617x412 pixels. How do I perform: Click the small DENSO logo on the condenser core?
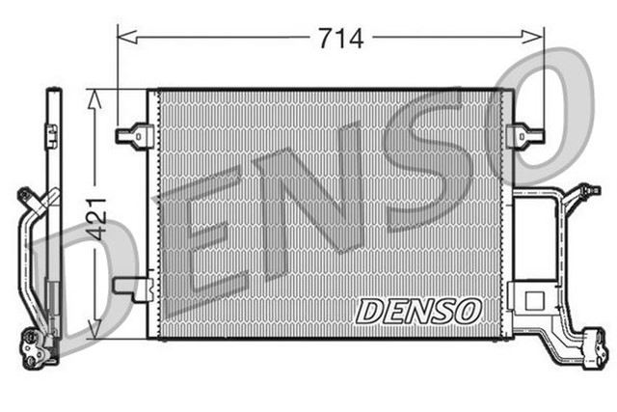[418, 311]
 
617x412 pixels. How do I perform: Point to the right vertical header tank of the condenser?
[506, 212]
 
